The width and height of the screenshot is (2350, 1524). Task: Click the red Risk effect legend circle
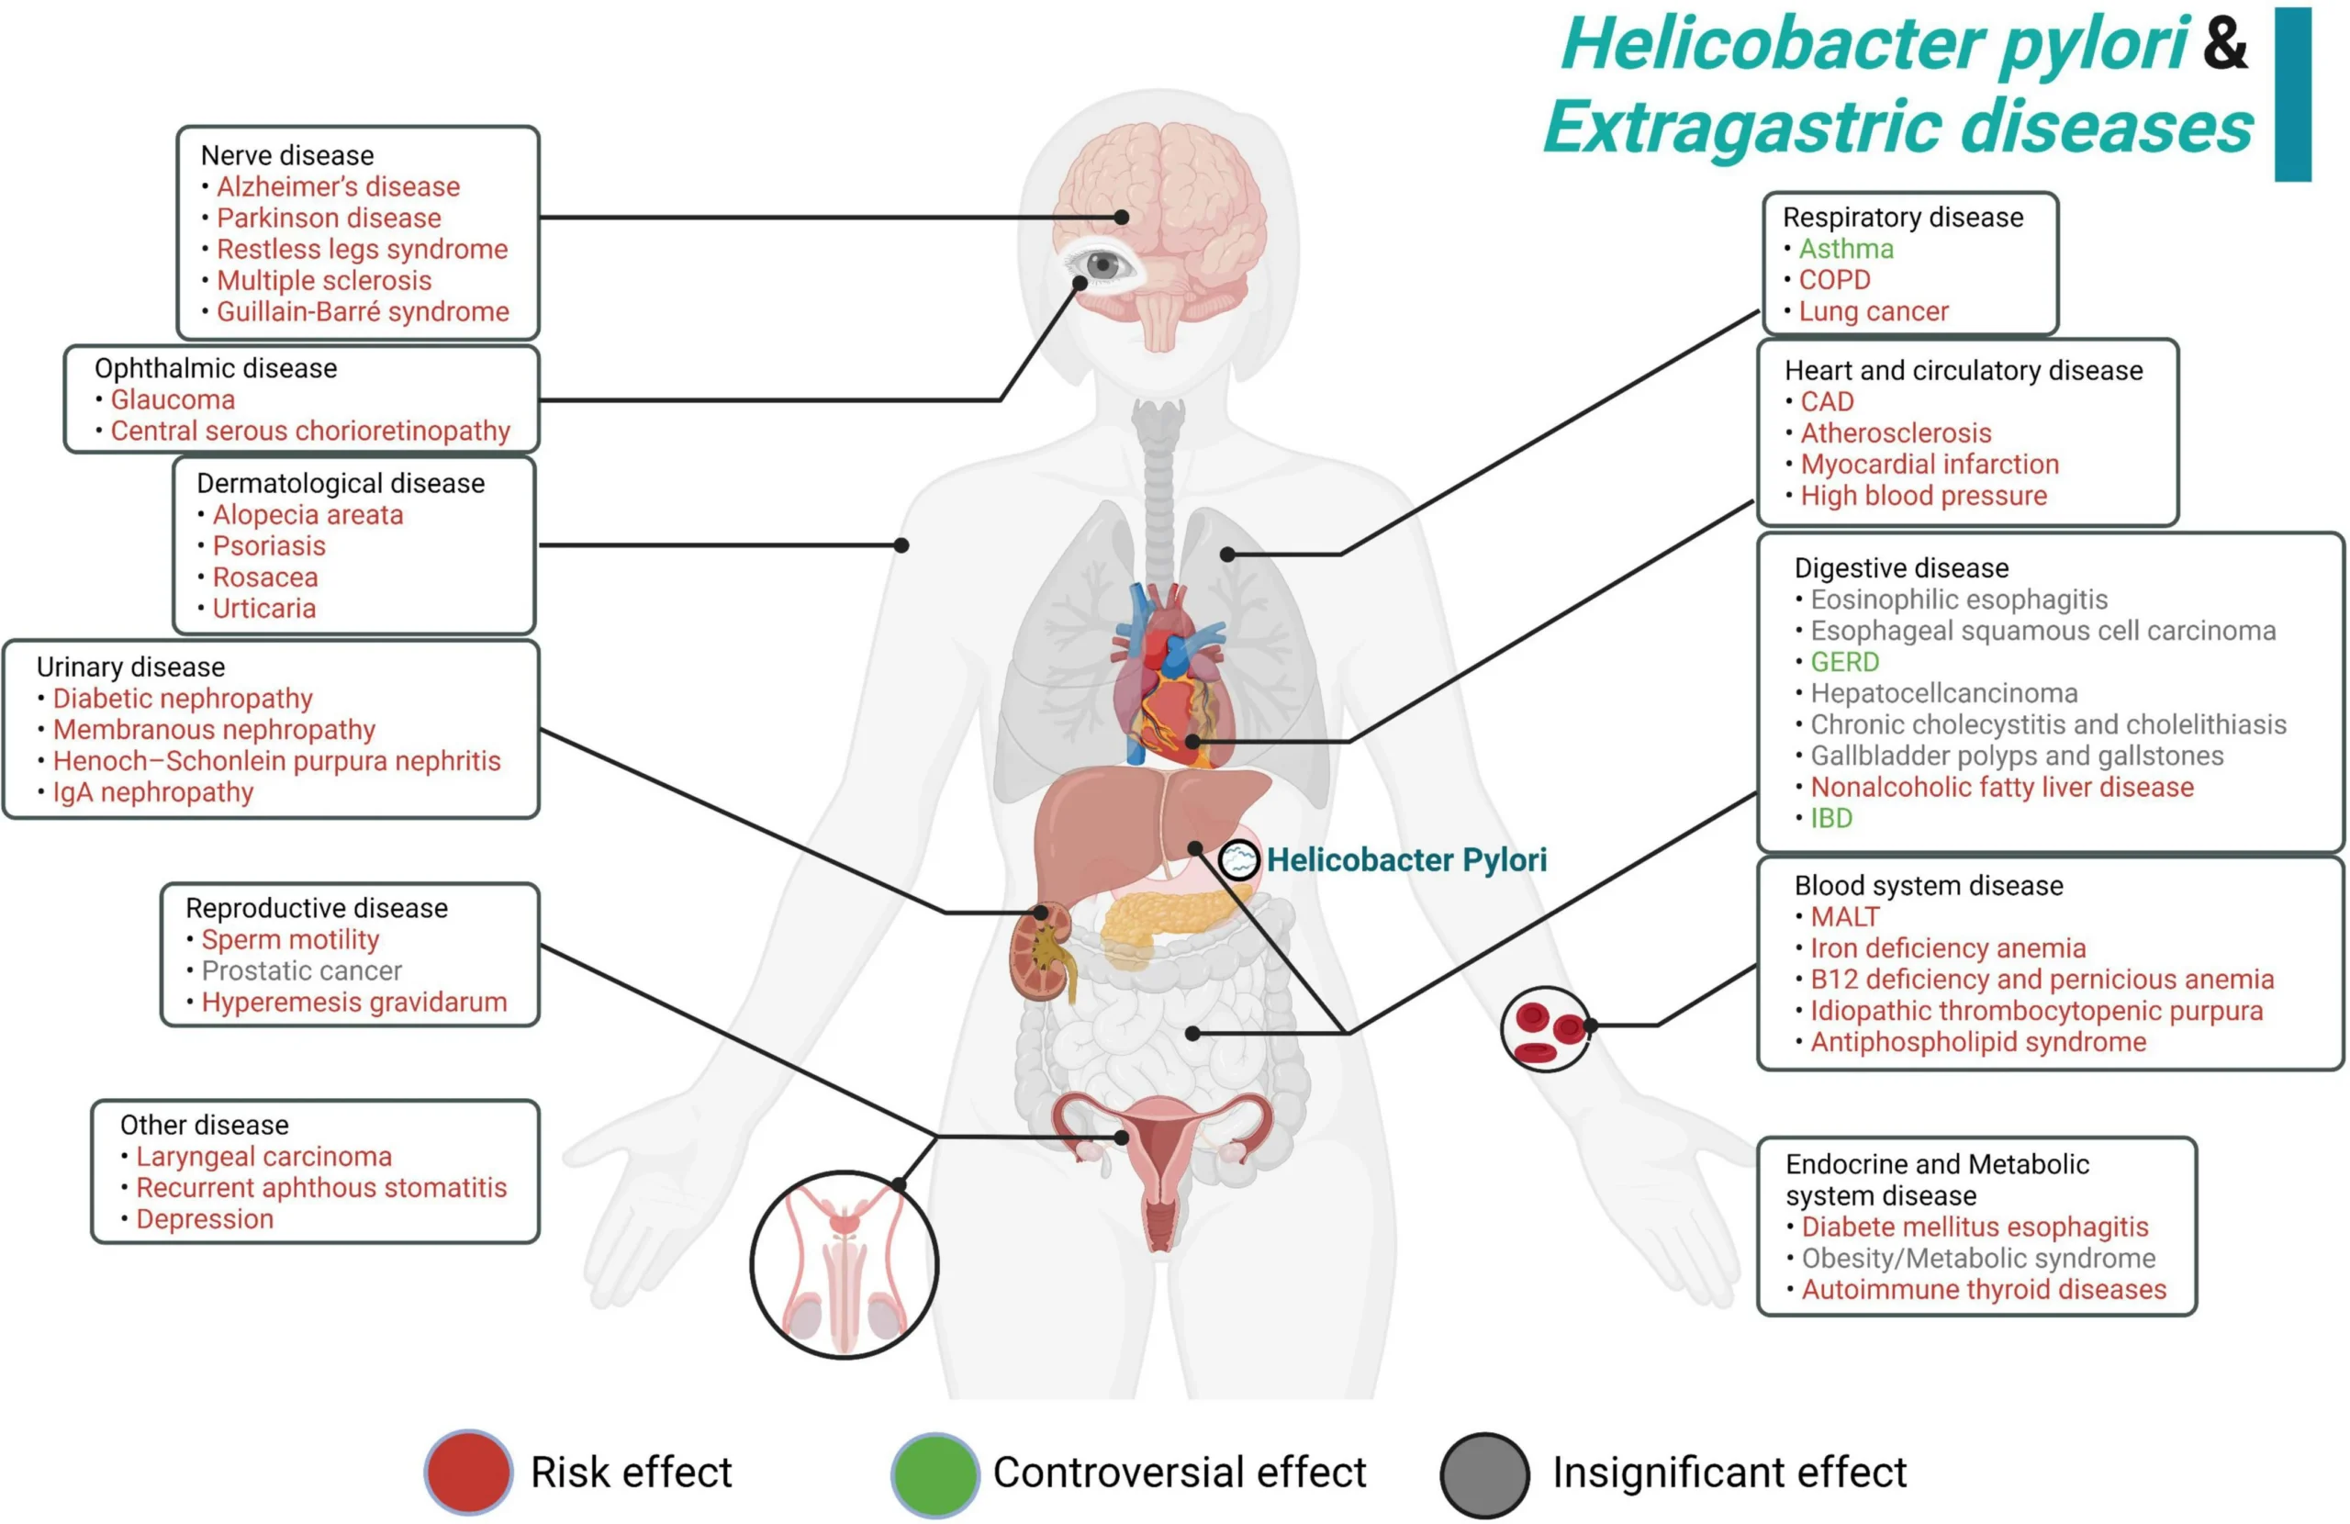pos(468,1472)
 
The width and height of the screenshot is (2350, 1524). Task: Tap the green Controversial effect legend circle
pos(934,1474)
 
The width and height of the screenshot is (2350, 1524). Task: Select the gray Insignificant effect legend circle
pos(1484,1474)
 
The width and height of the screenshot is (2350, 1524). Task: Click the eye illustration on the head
pos(1102,264)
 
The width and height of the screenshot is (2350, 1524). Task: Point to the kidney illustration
pos(1043,951)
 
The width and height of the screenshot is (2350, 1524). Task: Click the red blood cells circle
pos(1545,1028)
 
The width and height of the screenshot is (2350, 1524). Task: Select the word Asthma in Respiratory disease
pos(1845,249)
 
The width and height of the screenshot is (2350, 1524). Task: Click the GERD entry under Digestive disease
pos(1844,662)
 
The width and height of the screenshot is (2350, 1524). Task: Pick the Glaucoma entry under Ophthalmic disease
pos(173,400)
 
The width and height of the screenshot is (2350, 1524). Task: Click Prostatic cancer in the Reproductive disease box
pos(301,971)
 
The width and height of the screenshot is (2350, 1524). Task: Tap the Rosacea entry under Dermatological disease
pos(264,577)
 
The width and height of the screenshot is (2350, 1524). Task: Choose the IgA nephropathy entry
pos(153,792)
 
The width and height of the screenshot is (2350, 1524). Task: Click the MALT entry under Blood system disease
pos(1844,916)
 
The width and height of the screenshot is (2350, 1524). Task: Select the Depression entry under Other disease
pos(205,1219)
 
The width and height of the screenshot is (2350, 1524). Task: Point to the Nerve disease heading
pos(287,155)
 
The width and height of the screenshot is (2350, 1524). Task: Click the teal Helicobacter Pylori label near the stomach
pos(1406,859)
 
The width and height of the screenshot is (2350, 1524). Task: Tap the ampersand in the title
pos(2224,44)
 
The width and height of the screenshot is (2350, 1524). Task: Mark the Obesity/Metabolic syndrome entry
pos(1979,1259)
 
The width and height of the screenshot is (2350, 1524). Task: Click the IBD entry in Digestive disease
pos(1830,818)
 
